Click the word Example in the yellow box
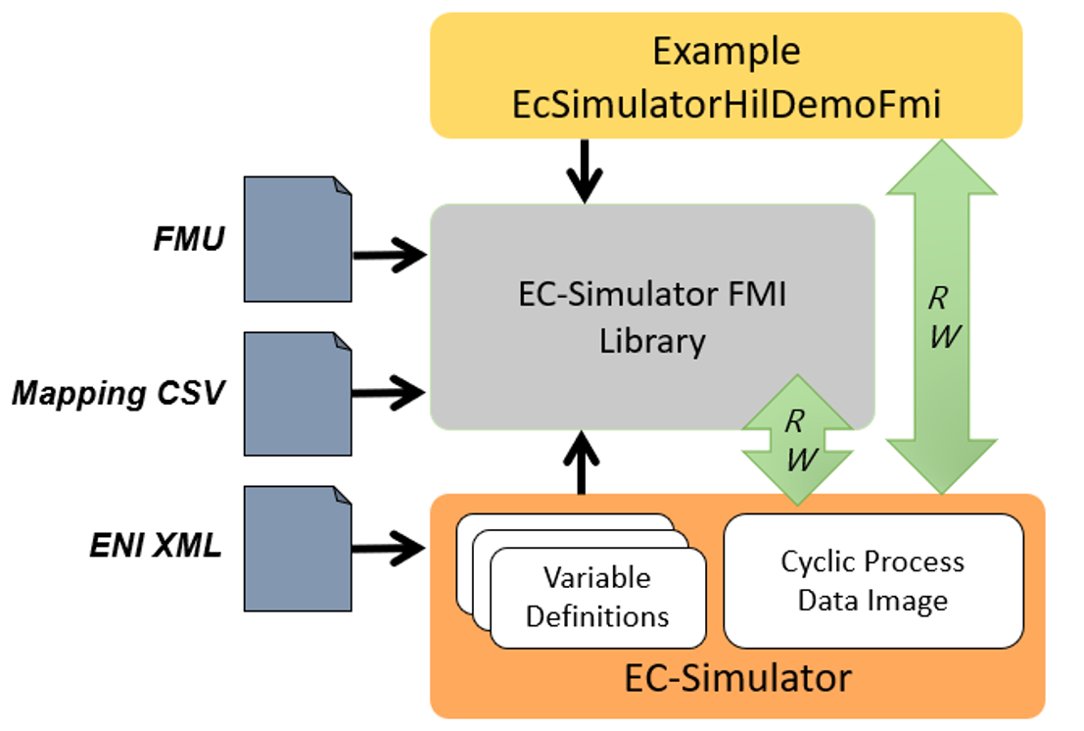726,51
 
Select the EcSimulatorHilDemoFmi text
726,103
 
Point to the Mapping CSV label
118,394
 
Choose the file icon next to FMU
298,239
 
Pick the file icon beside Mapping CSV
298,393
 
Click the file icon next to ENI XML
298,548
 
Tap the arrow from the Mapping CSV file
389,393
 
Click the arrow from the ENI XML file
389,548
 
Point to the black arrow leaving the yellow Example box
585,171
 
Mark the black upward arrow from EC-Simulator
585,461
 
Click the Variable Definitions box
597,597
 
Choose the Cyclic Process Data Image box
872,580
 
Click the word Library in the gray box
653,341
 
